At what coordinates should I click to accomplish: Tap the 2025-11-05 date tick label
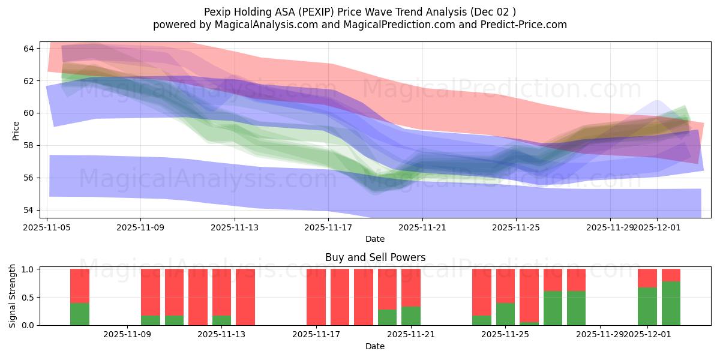(x=47, y=227)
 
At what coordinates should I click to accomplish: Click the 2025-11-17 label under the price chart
(x=328, y=227)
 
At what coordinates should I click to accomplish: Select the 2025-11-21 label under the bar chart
(x=411, y=335)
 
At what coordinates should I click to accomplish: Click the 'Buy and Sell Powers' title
(x=375, y=257)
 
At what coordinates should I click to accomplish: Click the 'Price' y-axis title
(x=16, y=130)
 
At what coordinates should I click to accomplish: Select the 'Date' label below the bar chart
(x=375, y=346)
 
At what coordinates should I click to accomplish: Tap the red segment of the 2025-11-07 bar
(x=80, y=286)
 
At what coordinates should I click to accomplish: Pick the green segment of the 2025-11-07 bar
(x=80, y=314)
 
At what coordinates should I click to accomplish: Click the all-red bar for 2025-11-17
(x=316, y=297)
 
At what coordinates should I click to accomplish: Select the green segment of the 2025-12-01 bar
(x=647, y=306)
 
